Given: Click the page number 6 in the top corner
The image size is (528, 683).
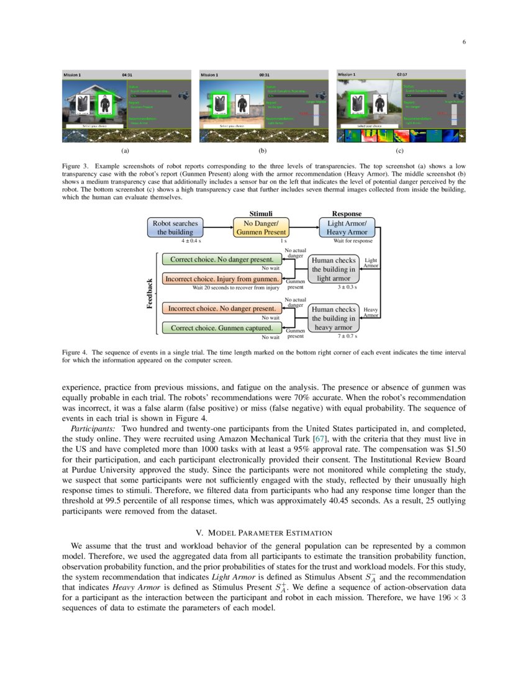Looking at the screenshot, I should (464, 42).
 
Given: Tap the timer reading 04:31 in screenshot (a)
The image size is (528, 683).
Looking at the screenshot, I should (127, 75).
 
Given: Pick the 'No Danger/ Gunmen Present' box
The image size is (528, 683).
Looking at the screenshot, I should (261, 227).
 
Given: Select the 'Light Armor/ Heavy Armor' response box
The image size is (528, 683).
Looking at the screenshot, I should (347, 227).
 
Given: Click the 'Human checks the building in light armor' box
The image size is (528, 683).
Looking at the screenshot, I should (334, 269).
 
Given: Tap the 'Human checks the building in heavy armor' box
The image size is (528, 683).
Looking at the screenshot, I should (334, 318).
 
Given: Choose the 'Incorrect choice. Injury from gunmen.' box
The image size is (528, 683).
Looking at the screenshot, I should (222, 279).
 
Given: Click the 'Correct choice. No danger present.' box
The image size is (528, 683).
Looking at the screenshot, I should (222, 259).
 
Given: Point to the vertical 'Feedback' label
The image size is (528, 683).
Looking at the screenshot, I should (150, 293).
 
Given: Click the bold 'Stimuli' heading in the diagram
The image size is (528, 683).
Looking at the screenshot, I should (260, 214).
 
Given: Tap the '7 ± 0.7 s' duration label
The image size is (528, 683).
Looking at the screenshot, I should (347, 336).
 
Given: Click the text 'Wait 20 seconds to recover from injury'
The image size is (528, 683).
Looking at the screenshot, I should (235, 287).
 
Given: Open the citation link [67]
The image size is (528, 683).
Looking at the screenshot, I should (322, 438).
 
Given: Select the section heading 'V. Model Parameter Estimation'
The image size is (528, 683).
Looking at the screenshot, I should (264, 533).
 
